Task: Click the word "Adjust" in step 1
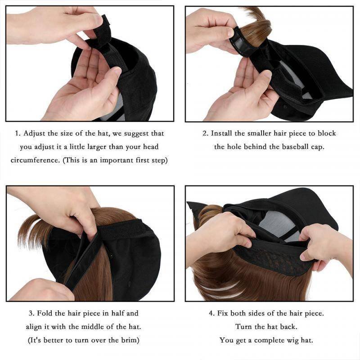coord(35,134)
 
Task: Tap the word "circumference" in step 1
coord(33,160)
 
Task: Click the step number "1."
coord(18,134)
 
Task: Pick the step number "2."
coord(205,134)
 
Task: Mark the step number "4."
coord(211,313)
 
